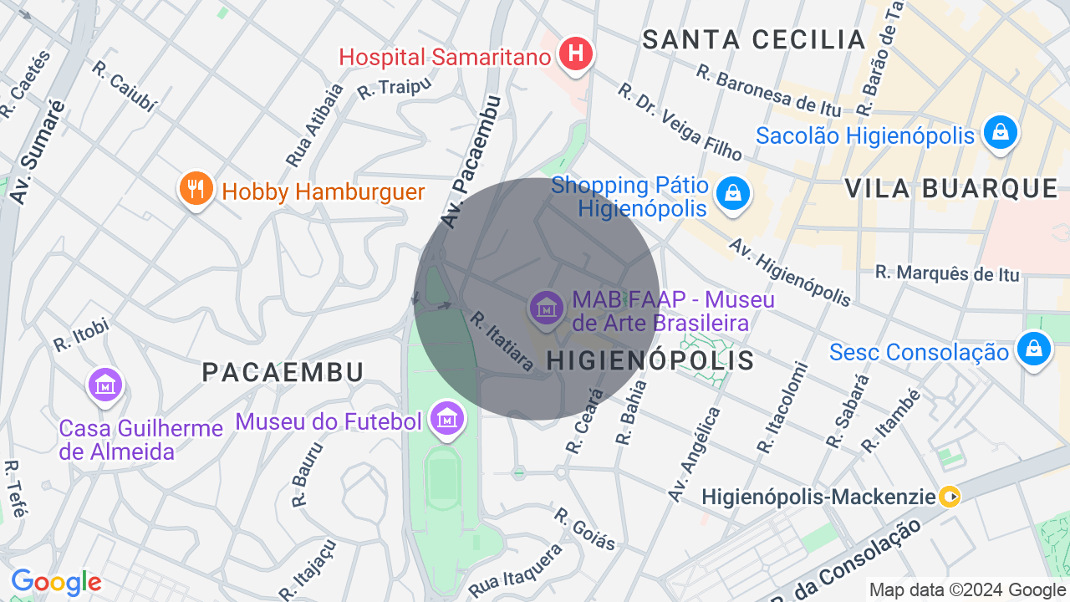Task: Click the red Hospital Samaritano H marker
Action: [x=575, y=54]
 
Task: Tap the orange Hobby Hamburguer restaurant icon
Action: [x=196, y=189]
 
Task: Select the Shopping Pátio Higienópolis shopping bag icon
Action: [x=732, y=194]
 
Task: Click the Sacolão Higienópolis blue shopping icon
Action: [x=1000, y=133]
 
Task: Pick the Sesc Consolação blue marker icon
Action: [x=1033, y=349]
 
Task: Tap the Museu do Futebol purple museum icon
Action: [x=447, y=418]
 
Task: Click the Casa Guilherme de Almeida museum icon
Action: [x=105, y=385]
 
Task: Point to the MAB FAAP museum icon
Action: [x=547, y=308]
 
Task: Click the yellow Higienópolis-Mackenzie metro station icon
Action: [x=950, y=497]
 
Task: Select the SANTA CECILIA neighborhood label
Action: [x=754, y=39]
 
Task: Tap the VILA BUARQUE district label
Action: [x=951, y=188]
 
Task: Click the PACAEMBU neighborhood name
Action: [x=283, y=372]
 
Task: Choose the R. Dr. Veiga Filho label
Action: [x=680, y=121]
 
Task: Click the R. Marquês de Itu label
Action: [x=947, y=273]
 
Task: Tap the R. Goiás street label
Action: [x=585, y=528]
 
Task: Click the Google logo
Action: [x=56, y=582]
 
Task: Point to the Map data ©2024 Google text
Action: [x=966, y=590]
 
